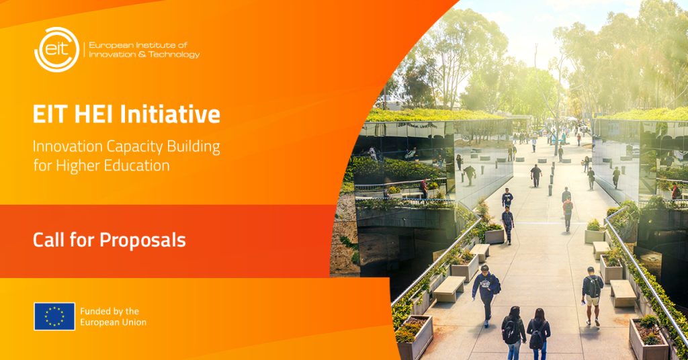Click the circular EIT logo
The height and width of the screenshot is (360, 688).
pyautogui.click(x=56, y=50)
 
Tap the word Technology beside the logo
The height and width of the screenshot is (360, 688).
pyautogui.click(x=174, y=55)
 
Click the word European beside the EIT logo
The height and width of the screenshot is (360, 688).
pyautogui.click(x=111, y=45)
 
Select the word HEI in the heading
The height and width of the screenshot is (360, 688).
pyautogui.click(x=94, y=114)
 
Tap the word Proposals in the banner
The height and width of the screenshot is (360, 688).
pyautogui.click(x=142, y=240)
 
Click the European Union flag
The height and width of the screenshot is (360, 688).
pyautogui.click(x=54, y=316)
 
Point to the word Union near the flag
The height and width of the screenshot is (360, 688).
pyautogui.click(x=134, y=322)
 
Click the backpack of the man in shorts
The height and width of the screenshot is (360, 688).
pyautogui.click(x=594, y=287)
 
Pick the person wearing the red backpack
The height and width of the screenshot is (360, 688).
pyautogui.click(x=568, y=214)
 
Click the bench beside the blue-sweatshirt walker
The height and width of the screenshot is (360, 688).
pyautogui.click(x=449, y=289)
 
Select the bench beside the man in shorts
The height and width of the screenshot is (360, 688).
pyautogui.click(x=623, y=293)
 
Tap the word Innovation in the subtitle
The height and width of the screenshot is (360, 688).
pyautogui.click(x=68, y=147)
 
